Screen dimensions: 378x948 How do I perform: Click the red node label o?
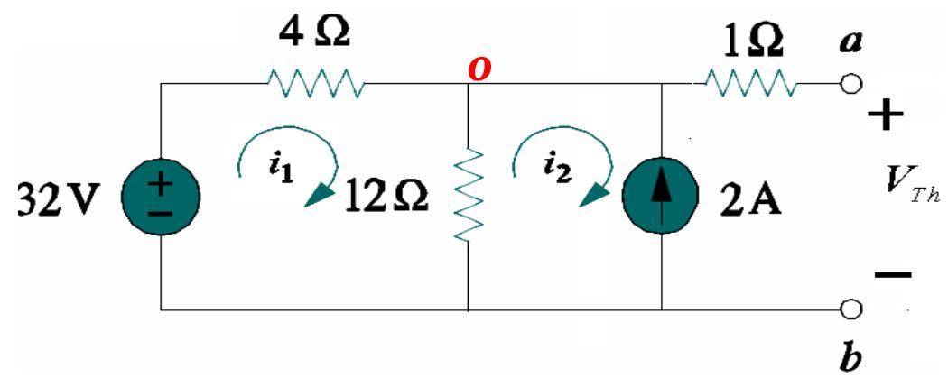coord(479,69)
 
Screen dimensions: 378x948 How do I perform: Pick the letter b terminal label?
coord(849,356)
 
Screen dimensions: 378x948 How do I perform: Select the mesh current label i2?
coord(554,171)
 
